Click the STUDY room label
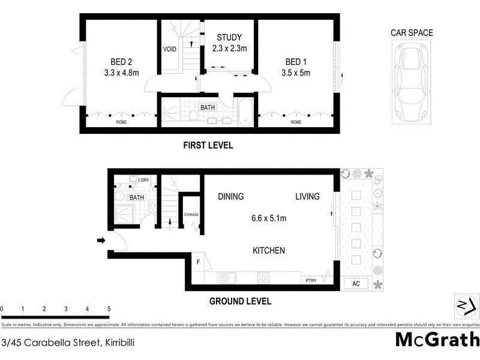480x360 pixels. [228, 37]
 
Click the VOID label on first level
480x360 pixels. [170, 49]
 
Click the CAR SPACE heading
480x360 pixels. [412, 33]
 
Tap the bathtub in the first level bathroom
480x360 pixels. [246, 113]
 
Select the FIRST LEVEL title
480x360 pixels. [208, 146]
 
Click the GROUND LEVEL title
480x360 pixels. [239, 301]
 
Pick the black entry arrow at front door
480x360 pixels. [100, 241]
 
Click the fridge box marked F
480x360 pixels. [198, 262]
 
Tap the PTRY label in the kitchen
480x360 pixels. [310, 280]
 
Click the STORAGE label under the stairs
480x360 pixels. [191, 214]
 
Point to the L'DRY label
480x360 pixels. [143, 180]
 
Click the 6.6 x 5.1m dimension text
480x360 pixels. [268, 218]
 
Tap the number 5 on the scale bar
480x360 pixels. [109, 309]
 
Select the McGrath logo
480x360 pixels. [436, 340]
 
